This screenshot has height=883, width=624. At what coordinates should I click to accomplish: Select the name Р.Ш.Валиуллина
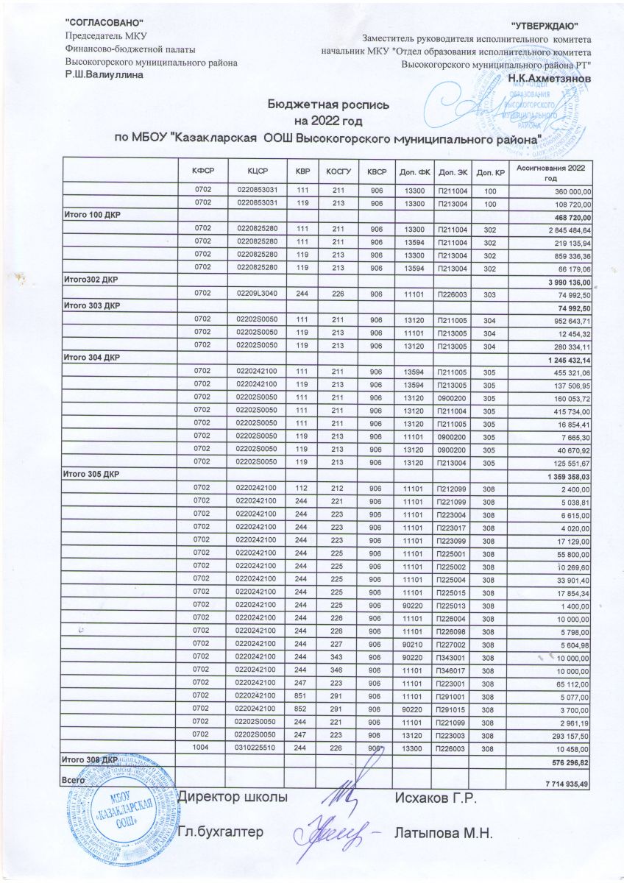(104, 75)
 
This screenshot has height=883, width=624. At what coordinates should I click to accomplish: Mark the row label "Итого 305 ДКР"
(91, 473)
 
